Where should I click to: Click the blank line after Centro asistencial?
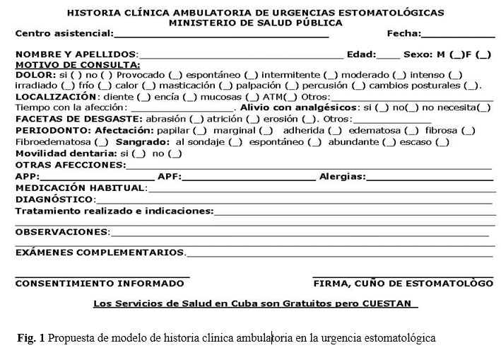point(220,34)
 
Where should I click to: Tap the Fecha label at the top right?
point(403,33)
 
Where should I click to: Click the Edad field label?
point(363,54)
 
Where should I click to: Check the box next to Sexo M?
point(456,54)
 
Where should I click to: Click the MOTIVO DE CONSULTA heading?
point(77,64)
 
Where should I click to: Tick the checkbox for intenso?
point(455,74)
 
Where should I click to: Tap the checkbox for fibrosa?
point(468,130)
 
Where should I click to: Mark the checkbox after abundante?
point(387,141)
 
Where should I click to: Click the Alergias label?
point(342,175)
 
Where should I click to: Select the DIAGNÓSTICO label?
point(54,199)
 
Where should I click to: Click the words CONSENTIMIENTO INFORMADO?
point(99,283)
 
